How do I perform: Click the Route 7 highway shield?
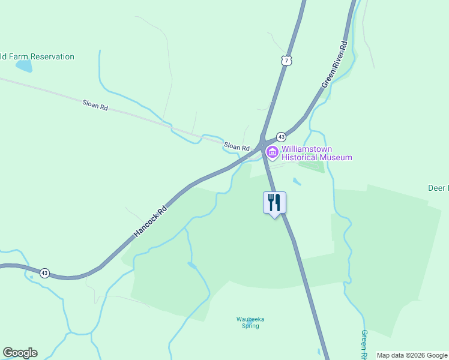tap(287, 61)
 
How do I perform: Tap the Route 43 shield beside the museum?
tap(280, 137)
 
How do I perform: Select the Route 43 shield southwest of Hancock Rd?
tap(44, 273)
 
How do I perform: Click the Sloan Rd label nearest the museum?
tap(237, 146)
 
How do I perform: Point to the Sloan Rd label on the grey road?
tap(95, 106)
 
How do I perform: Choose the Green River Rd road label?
tap(335, 65)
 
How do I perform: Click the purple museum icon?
tap(271, 152)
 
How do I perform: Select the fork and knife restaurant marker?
tap(275, 202)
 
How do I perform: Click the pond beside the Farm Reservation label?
tap(24, 66)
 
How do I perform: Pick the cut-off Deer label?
tap(438, 188)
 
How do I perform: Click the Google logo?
tap(20, 353)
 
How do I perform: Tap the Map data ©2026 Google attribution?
tap(412, 355)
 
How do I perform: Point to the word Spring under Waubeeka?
tap(250, 326)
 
